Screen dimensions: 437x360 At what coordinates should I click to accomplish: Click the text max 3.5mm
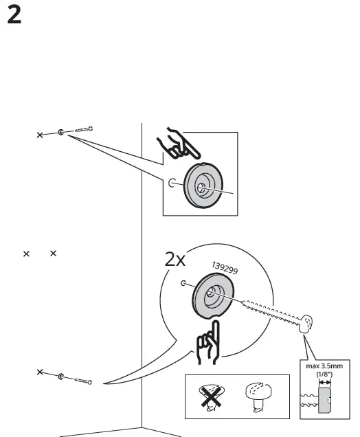[x=324, y=366]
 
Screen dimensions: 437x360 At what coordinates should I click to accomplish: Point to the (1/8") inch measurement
[x=323, y=374]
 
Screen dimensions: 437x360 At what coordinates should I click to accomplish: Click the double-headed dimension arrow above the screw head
[x=324, y=383]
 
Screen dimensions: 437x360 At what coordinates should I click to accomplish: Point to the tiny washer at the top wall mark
[x=62, y=132]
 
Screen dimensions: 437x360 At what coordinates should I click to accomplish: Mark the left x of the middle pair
[x=27, y=254]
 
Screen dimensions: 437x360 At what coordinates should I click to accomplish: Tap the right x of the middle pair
[x=52, y=254]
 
